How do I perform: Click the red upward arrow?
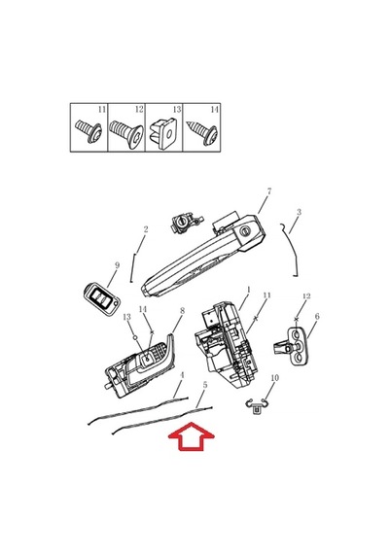click(x=192, y=436)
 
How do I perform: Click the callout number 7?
click(x=269, y=191)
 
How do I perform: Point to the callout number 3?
click(x=300, y=212)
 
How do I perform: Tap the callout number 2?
click(x=146, y=229)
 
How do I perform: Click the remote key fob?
click(x=102, y=295)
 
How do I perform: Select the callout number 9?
click(x=117, y=265)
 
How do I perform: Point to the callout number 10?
click(x=275, y=378)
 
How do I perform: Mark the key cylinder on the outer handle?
click(x=245, y=232)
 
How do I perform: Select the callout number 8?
click(x=182, y=311)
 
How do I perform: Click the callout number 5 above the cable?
click(x=205, y=385)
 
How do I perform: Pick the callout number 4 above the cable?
click(x=182, y=375)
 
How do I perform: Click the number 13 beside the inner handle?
click(x=126, y=317)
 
